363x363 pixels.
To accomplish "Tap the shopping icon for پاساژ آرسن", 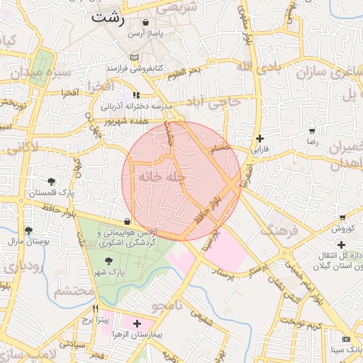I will (x=146, y=23).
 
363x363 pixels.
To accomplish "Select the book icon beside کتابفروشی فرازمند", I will (x=135, y=57).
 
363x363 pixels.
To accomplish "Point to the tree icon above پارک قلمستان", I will (x=51, y=181).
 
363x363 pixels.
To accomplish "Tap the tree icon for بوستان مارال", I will (x=28, y=230).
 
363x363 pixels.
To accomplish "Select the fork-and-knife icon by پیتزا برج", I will (x=96, y=309).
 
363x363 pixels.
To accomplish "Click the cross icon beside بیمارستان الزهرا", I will (x=137, y=323).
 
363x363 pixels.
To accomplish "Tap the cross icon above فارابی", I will (x=261, y=138).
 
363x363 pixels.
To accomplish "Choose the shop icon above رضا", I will (x=312, y=130).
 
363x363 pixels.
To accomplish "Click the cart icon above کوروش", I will (x=342, y=217).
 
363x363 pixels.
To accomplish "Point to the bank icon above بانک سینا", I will (x=346, y=339).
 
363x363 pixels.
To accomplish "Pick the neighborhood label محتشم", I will (x=74, y=291).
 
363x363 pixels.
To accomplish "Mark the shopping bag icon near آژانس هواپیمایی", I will (x=127, y=221).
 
